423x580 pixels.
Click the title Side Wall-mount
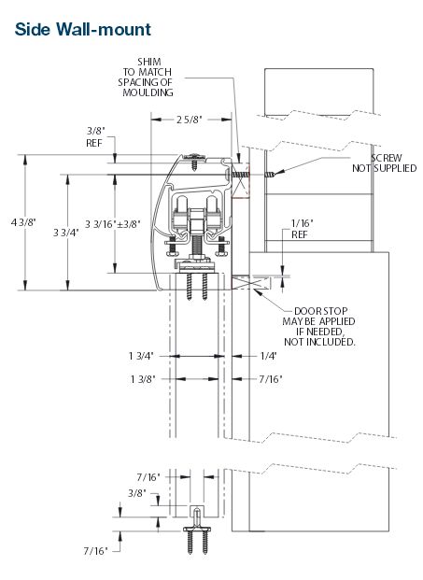point(71,28)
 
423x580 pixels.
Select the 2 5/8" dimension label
point(190,119)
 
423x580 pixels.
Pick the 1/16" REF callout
point(300,229)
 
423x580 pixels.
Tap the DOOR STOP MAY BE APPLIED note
point(321,327)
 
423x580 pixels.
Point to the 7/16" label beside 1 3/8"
point(268,378)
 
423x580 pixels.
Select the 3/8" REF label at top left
point(94,137)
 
